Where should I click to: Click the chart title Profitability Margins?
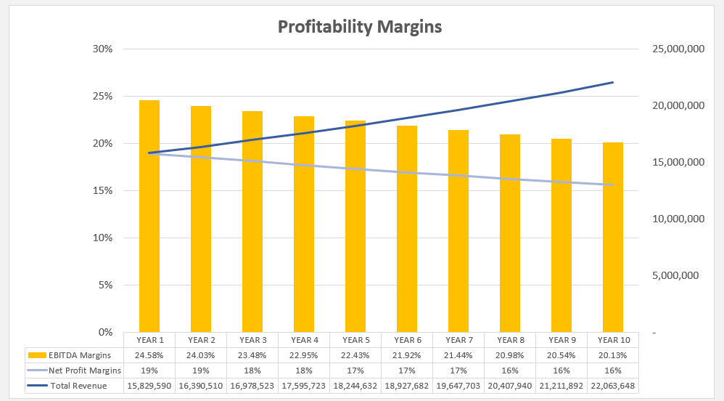point(360,28)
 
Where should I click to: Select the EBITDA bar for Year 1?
point(149,218)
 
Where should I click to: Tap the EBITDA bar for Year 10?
point(613,240)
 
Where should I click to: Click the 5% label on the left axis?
point(105,285)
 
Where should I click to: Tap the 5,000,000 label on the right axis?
point(676,276)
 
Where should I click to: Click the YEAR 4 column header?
point(305,340)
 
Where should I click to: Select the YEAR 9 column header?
point(562,340)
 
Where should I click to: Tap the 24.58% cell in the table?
point(150,355)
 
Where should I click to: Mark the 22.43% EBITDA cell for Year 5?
point(356,355)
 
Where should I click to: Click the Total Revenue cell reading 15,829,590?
point(150,386)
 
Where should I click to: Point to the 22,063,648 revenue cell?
point(613,386)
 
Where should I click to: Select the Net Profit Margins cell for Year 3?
point(253,370)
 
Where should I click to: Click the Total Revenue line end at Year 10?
point(613,83)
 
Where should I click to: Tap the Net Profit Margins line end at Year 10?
point(613,185)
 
